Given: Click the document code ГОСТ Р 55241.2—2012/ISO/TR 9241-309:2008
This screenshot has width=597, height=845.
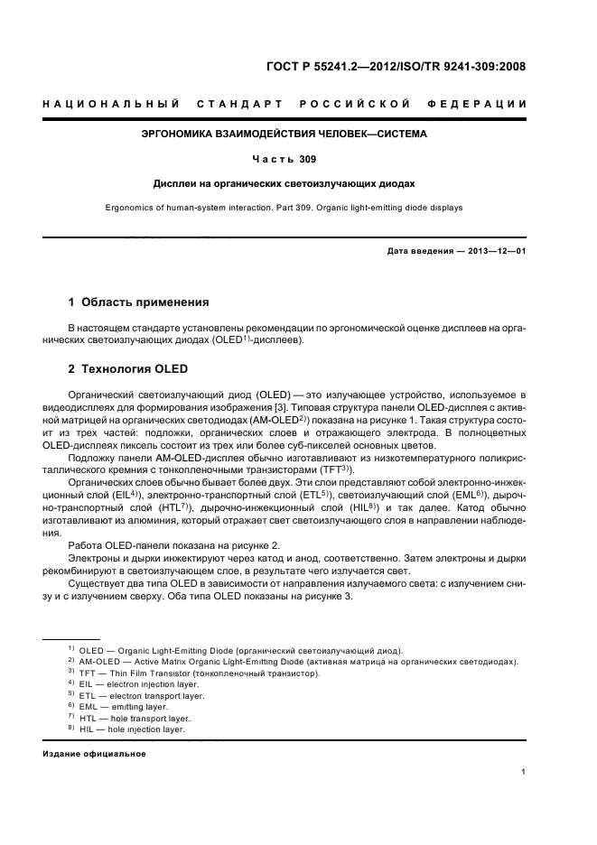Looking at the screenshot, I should click(x=396, y=66).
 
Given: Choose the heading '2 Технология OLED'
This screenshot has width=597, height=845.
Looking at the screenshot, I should click(x=123, y=369).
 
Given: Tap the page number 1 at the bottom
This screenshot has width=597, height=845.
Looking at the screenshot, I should click(x=524, y=772).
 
